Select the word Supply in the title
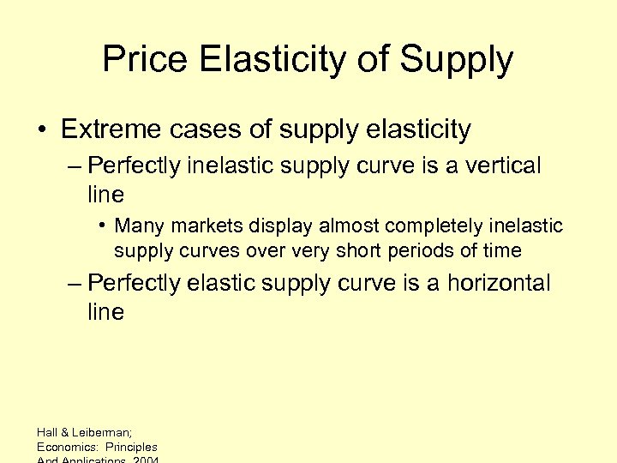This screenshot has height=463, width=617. point(456,59)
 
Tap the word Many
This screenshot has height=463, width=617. point(137,225)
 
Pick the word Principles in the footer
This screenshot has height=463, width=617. point(131,447)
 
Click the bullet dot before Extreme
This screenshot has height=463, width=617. point(40,130)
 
